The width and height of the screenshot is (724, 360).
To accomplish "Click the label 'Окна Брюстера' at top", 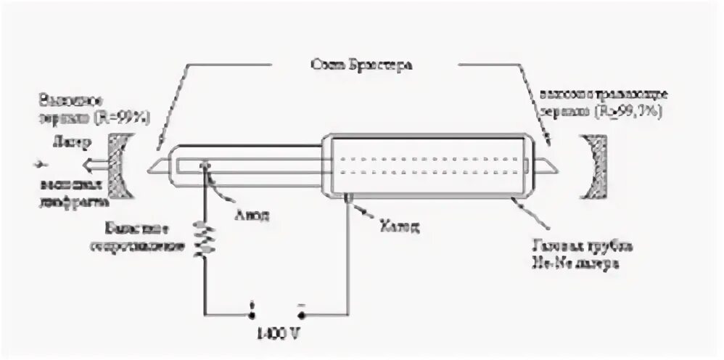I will pos(361,65).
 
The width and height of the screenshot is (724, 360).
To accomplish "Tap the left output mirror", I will pos(117,166).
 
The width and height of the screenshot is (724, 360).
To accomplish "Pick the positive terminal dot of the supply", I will pos(252,315).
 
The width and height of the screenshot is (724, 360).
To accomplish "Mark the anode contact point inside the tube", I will pos(208,166).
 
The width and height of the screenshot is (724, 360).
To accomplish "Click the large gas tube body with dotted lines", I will pos(428,165).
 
